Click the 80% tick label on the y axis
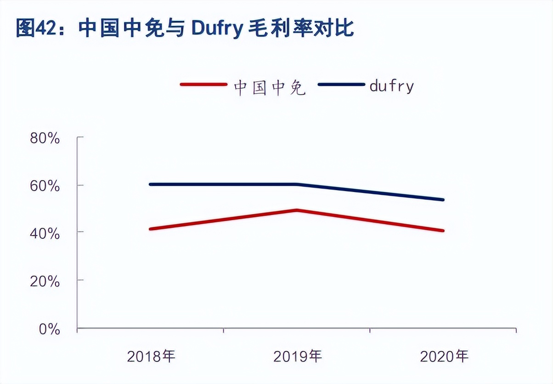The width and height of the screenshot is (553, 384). [x=45, y=138]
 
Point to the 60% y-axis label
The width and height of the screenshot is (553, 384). [x=45, y=186]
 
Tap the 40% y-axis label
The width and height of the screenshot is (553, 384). [x=45, y=234]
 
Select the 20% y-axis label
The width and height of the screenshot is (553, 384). [x=45, y=282]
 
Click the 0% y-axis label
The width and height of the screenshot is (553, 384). [x=49, y=329]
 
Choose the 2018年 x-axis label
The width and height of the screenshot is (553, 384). [x=151, y=356]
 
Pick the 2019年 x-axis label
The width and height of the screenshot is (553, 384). [x=298, y=356]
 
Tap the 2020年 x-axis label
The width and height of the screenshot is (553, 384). [x=444, y=356]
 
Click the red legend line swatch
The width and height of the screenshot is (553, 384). [x=203, y=85]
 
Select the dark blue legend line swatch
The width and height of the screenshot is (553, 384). [x=341, y=85]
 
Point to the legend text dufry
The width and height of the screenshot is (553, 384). [x=391, y=86]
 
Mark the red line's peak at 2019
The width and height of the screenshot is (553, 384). [x=297, y=210]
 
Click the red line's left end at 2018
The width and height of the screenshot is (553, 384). [x=151, y=229]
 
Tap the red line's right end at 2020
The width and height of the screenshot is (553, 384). [x=443, y=230]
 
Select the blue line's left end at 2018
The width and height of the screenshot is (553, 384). [x=151, y=184]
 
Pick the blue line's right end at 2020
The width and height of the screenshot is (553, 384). [x=443, y=199]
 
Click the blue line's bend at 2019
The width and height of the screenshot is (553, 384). [x=297, y=184]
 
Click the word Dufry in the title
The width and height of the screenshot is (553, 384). [x=216, y=28]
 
